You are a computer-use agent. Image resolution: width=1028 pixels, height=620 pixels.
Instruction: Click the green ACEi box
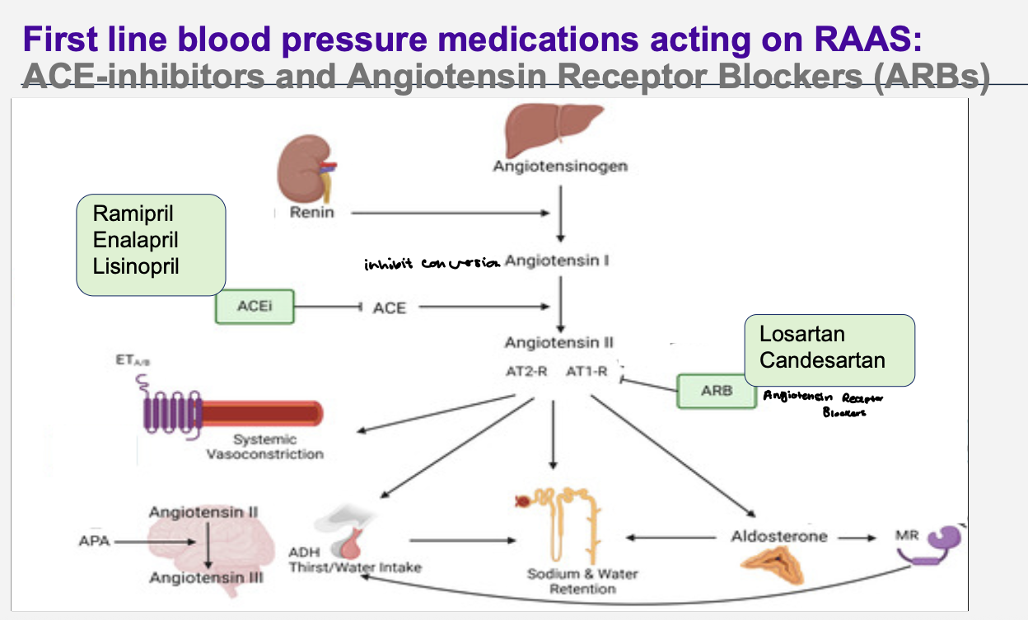[254, 307]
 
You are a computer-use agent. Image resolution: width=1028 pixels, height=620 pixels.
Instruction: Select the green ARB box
[716, 391]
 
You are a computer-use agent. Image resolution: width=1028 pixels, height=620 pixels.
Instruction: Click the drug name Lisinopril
[136, 267]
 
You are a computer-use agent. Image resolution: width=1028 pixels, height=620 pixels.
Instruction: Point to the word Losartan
[802, 335]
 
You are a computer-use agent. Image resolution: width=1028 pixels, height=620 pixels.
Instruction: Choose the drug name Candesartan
[822, 361]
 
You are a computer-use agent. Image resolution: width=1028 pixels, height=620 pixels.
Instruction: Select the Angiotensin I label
[557, 261]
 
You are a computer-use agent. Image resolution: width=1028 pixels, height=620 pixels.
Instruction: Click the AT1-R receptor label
[586, 372]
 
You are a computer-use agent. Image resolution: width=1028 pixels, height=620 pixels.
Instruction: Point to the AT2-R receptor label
[526, 372]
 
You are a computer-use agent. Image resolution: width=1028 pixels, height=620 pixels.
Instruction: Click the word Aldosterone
[778, 537]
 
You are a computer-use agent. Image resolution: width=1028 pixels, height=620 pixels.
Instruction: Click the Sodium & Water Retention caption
[582, 581]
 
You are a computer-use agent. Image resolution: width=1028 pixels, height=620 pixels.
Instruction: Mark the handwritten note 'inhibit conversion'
[432, 265]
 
